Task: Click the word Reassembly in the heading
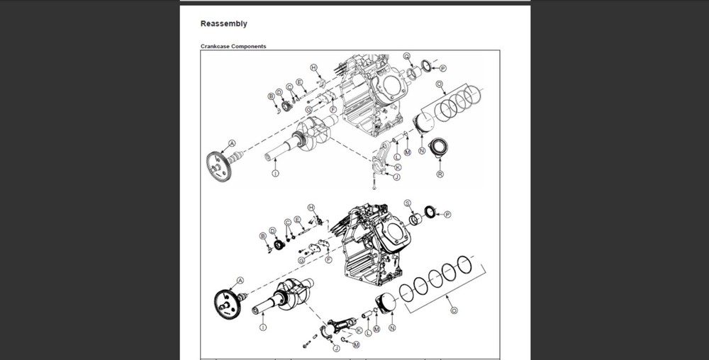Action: coord(223,23)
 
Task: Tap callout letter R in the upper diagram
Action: coord(440,174)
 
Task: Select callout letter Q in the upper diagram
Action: coord(407,56)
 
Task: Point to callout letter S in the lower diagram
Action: coord(408,203)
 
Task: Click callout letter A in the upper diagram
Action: coord(232,143)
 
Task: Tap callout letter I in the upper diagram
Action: coord(275,173)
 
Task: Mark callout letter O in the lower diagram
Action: coord(454,310)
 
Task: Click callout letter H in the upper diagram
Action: coord(313,67)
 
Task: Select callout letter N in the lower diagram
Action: coord(392,328)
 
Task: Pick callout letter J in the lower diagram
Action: coord(336,347)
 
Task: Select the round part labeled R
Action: coord(440,149)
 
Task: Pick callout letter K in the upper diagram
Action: coord(398,167)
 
